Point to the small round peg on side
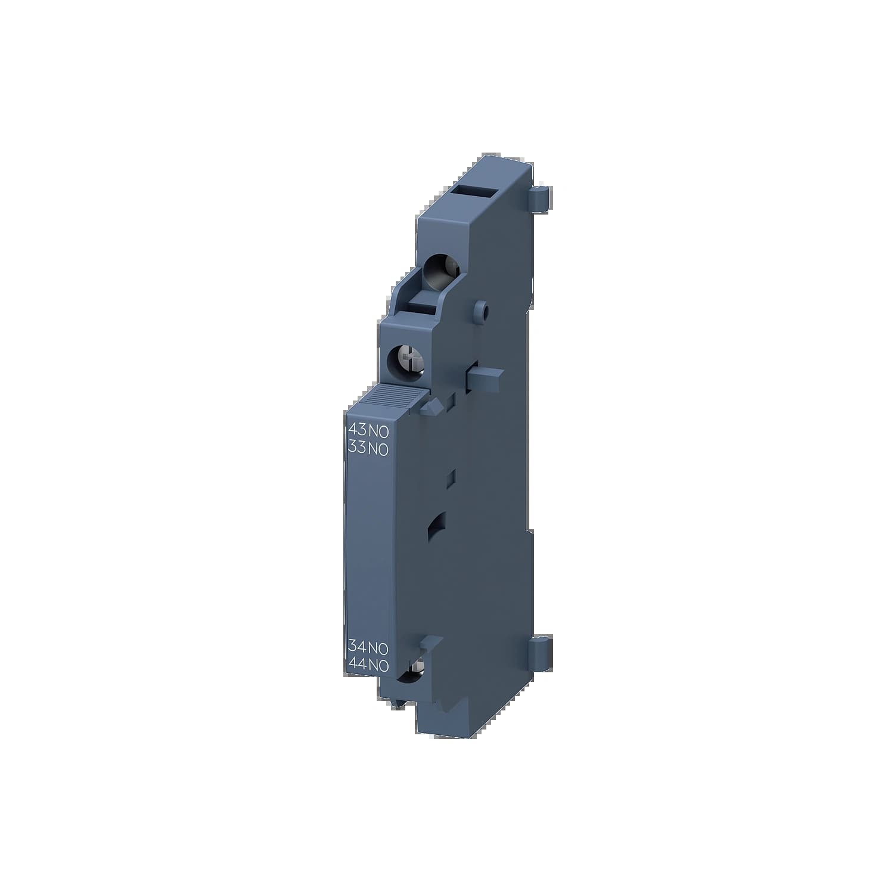483,311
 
